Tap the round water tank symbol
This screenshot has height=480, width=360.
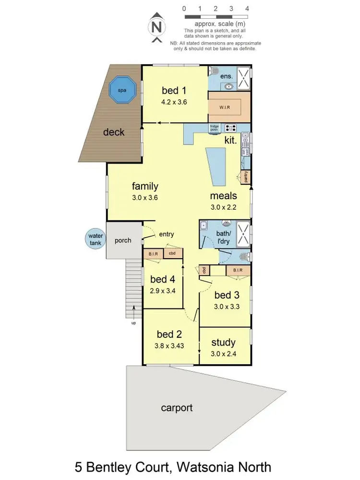tap(95, 239)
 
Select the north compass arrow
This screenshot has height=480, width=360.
tap(156, 27)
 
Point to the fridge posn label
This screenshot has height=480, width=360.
tap(214, 128)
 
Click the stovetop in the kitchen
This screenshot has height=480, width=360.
tap(230, 128)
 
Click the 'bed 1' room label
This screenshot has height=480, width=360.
tap(173, 90)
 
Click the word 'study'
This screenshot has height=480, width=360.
tap(223, 342)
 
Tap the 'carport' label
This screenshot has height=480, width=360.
tap(177, 408)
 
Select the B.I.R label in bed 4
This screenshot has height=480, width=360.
tap(154, 253)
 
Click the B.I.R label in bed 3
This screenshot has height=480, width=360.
tap(238, 271)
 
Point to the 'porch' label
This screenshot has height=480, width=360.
tap(123, 240)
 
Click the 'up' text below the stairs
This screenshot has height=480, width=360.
tap(133, 323)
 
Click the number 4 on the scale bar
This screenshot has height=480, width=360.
tap(247, 9)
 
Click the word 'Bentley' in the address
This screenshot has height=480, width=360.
tap(125, 467)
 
